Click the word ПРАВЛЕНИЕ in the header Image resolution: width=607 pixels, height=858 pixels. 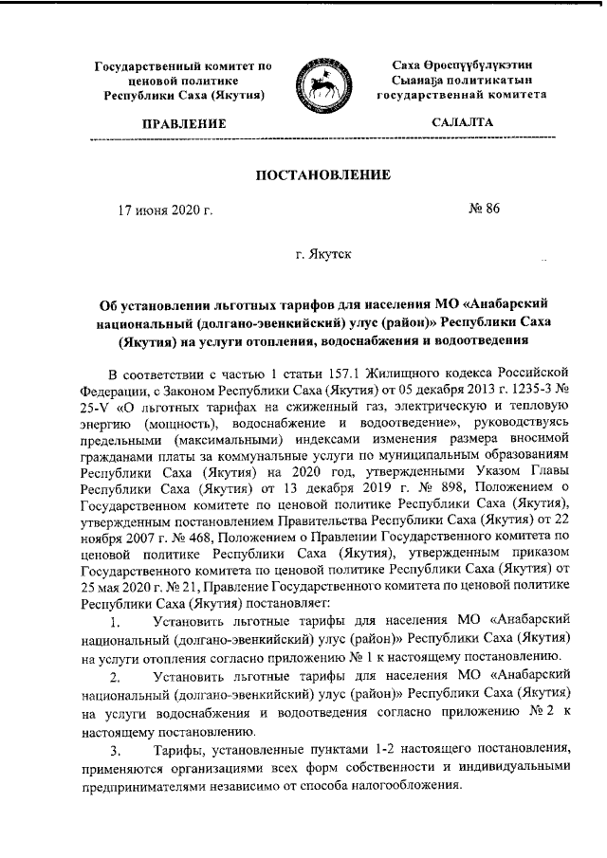click(184, 124)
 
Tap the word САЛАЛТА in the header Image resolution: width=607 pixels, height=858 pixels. click(462, 123)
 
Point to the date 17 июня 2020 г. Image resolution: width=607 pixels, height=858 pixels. click(159, 210)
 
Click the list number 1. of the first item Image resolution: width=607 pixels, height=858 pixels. click(116, 624)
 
